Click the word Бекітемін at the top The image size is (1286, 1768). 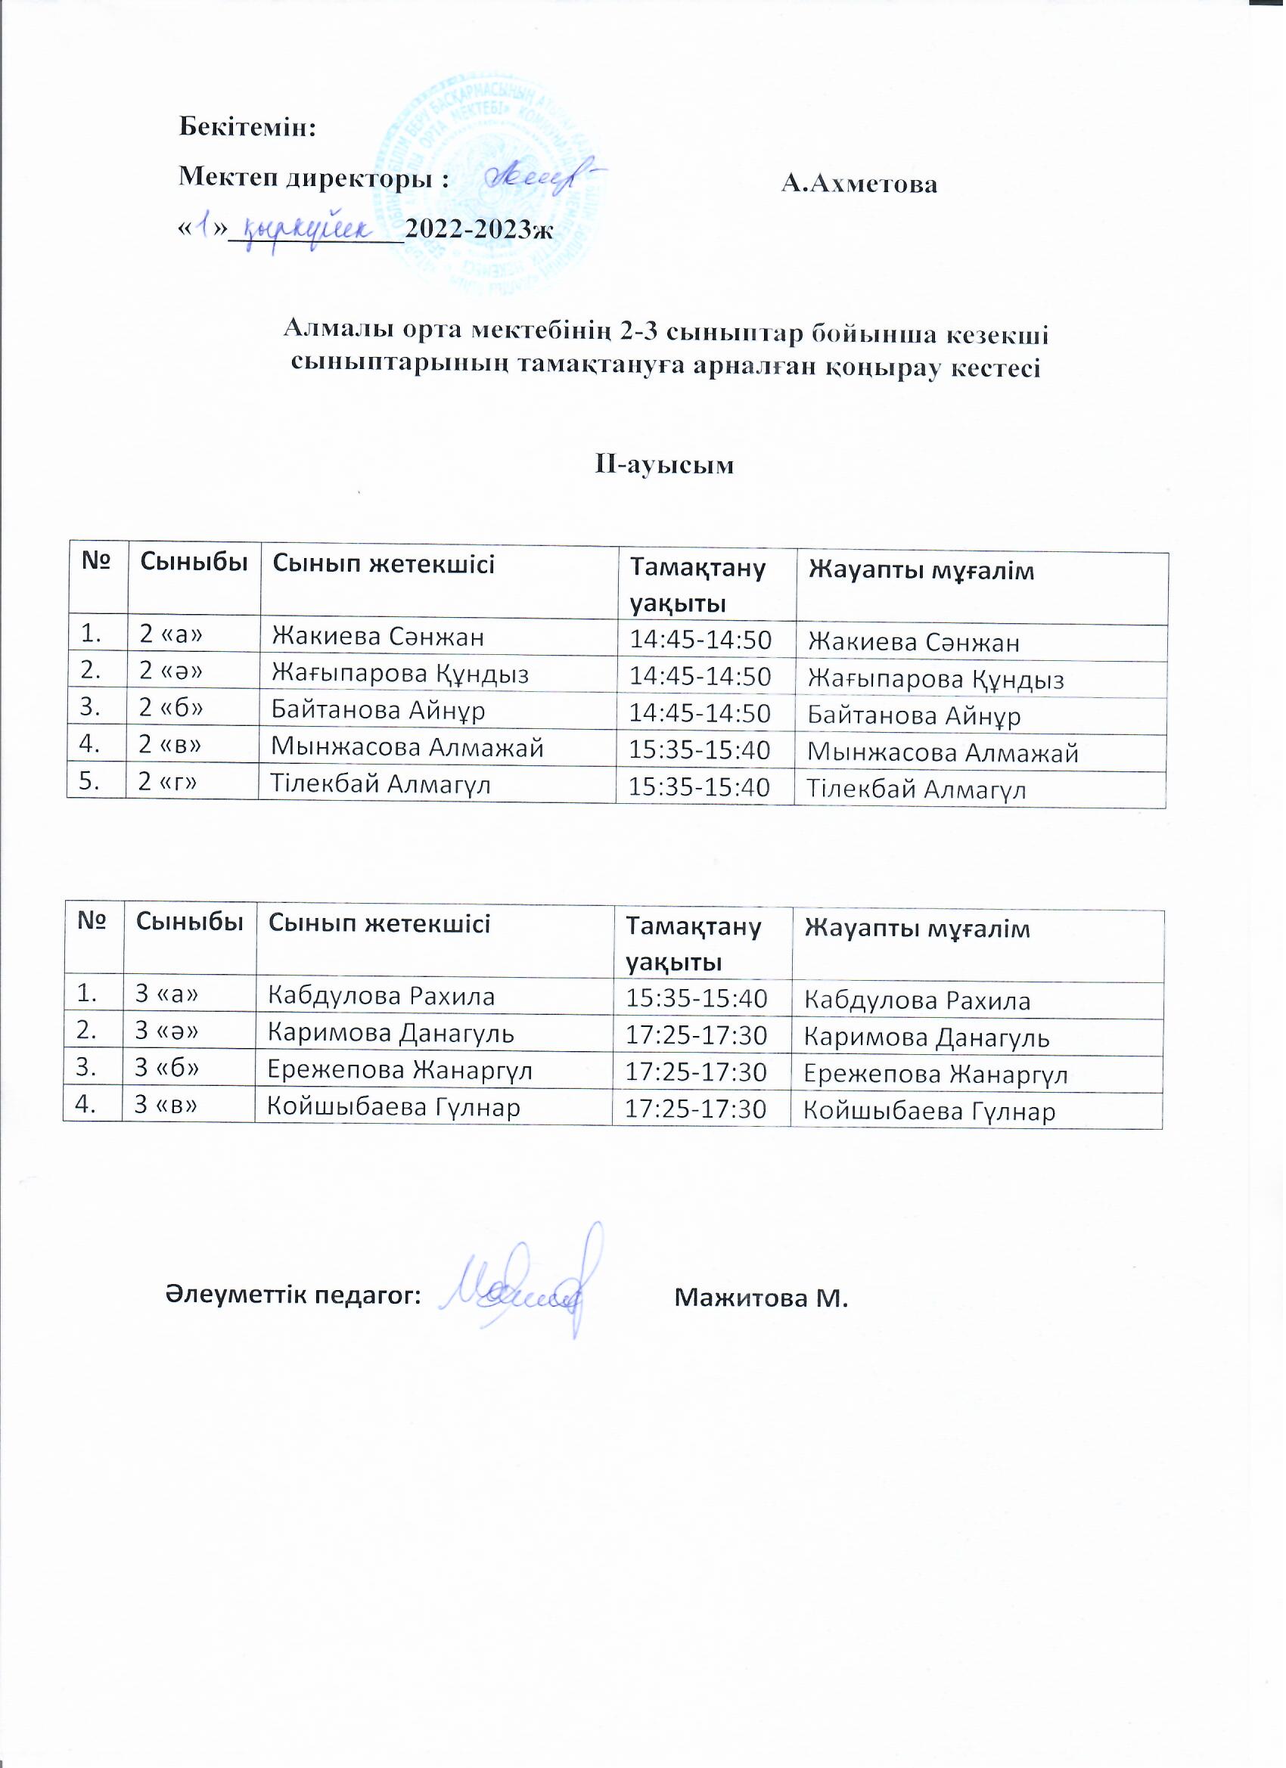click(x=247, y=127)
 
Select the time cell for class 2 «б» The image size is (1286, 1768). click(x=700, y=713)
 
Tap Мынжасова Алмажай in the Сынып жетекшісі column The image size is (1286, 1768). click(x=406, y=748)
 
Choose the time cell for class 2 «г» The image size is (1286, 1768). click(x=700, y=787)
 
